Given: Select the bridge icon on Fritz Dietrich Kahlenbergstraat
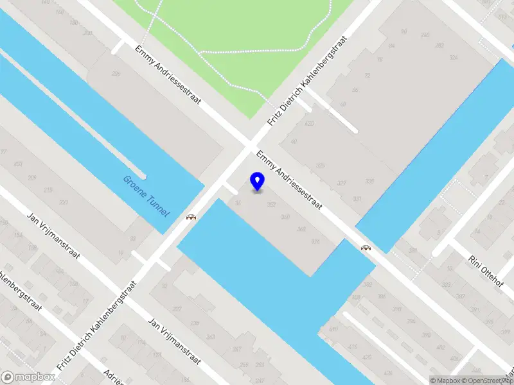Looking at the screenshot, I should point(191,217).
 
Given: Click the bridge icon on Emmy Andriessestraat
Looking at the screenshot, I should point(366,248).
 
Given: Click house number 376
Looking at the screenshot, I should point(315,241).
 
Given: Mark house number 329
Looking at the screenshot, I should point(341,183).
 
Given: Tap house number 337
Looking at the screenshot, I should point(356,198).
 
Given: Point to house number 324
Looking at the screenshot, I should point(454,58).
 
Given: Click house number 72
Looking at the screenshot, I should point(368,76).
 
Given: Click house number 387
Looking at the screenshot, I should point(460,296).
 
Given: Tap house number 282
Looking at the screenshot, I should point(439,45).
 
